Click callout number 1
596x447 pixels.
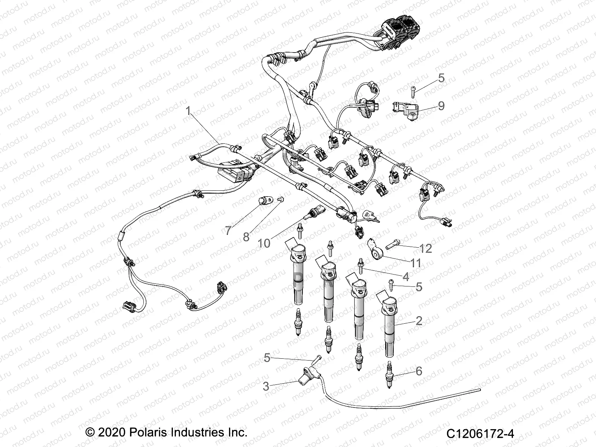click(x=188, y=111)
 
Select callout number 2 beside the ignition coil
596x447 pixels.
click(x=419, y=320)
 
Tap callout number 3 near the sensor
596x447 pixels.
click(x=266, y=386)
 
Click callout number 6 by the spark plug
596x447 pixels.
click(x=419, y=371)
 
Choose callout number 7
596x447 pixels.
click(x=228, y=231)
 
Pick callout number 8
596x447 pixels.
click(x=246, y=237)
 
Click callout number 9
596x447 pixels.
click(x=441, y=106)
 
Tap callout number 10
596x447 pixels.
click(x=264, y=243)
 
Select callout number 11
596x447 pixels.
click(x=415, y=263)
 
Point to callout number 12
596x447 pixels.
click(x=425, y=248)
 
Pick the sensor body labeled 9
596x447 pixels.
click(x=405, y=111)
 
